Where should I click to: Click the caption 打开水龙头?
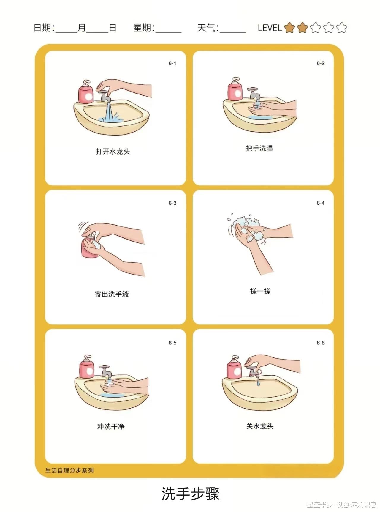coord(113,152)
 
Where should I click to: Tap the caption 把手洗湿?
coord(259,148)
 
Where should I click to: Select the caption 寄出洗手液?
coord(112,294)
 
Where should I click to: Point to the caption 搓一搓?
coord(260,291)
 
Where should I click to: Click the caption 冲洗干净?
coord(111,427)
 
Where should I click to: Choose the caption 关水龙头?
coord(260,426)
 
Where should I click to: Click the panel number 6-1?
coord(172,63)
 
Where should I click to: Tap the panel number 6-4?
coord(321,203)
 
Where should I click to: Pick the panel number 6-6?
coord(321,343)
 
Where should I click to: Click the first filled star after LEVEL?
coord(289,28)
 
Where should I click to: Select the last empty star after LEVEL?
coord(341,28)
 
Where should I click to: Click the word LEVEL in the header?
coord(270,28)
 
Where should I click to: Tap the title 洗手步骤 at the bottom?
coord(190,494)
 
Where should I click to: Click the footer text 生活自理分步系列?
coord(69,471)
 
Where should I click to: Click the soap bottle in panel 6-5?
coord(87,366)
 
